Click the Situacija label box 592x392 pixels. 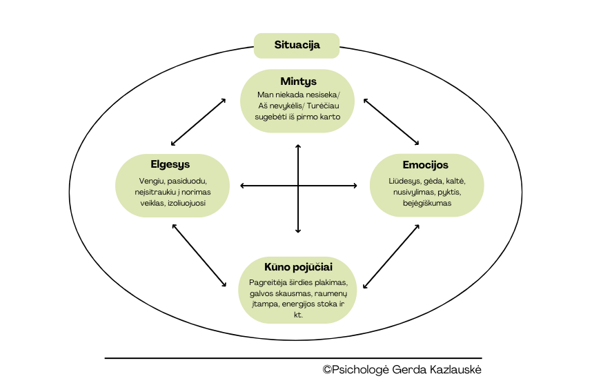pyautogui.click(x=297, y=46)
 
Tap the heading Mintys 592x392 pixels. pyautogui.click(x=298, y=81)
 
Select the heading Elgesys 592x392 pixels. pyautogui.click(x=170, y=165)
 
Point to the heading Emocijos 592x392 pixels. pyautogui.click(x=426, y=165)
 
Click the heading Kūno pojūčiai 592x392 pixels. pyautogui.click(x=298, y=266)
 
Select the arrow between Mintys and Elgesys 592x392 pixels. pyautogui.click(x=199, y=121)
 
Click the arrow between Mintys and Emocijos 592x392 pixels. pyautogui.click(x=392, y=121)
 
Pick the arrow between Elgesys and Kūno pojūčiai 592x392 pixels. pyautogui.click(x=199, y=255)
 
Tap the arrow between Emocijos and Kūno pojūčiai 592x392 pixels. pyautogui.click(x=392, y=255)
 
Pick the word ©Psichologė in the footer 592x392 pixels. pyautogui.click(x=355, y=370)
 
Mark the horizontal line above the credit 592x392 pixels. pyautogui.click(x=293, y=358)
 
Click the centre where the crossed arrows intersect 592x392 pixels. pyautogui.click(x=298, y=185)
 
